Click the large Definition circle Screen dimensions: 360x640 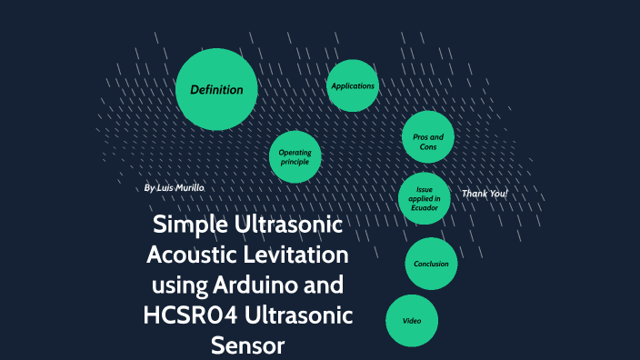216,89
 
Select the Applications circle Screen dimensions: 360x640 352,85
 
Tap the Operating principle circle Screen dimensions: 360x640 295,157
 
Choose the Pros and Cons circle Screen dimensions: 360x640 427,141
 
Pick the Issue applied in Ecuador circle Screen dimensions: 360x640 425,198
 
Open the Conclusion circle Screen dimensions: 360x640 431,264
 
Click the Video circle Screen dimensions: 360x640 413,320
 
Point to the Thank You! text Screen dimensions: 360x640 485,194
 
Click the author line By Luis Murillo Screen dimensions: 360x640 175,187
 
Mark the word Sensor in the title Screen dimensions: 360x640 248,345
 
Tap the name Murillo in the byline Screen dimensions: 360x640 189,187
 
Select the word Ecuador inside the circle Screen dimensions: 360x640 425,207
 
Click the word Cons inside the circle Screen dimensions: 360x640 427,146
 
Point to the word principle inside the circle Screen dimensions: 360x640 295,163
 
